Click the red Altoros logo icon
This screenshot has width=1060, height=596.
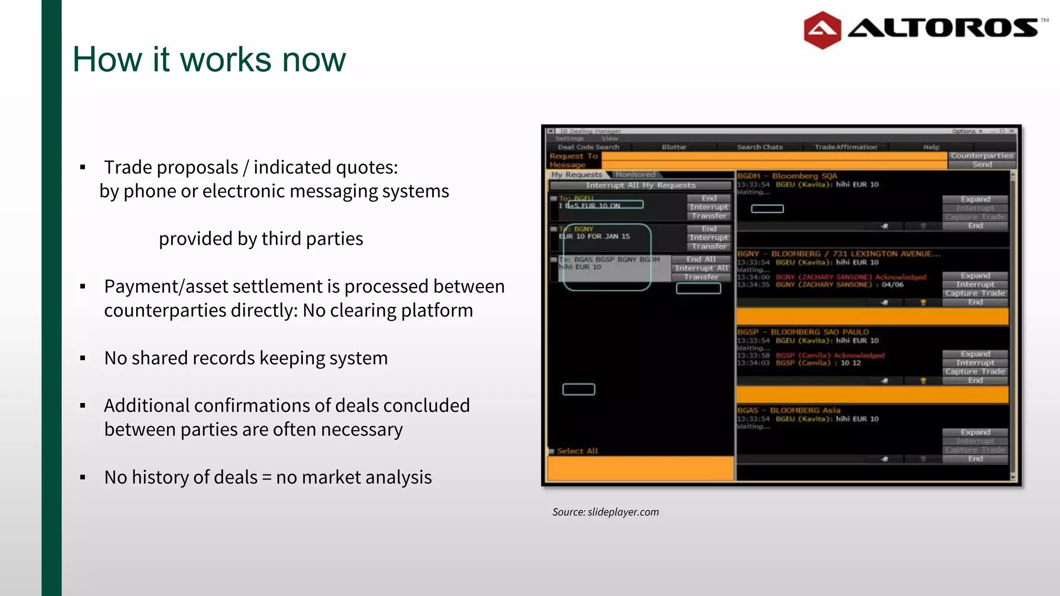(822, 30)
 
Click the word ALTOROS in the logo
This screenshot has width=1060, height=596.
(943, 28)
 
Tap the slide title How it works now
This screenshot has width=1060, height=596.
(209, 59)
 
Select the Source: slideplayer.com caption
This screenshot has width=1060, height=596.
(605, 512)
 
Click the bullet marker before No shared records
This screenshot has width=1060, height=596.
(83, 358)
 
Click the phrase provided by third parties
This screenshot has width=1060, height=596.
(261, 239)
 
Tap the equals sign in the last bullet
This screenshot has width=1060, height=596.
(267, 477)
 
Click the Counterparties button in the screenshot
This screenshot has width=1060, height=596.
(981, 155)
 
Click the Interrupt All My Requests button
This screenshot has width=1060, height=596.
(640, 185)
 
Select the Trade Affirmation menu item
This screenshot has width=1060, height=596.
(845, 147)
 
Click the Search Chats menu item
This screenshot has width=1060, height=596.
(759, 147)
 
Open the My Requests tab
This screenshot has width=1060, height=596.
(576, 175)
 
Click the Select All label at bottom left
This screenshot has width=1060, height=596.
(577, 451)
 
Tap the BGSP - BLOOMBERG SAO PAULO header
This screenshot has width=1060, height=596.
(803, 332)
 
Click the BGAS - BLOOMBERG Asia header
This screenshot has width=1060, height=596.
(789, 410)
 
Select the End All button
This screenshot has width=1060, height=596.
(701, 259)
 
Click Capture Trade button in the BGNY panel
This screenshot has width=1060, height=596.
(975, 293)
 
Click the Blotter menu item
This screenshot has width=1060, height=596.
(674, 147)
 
